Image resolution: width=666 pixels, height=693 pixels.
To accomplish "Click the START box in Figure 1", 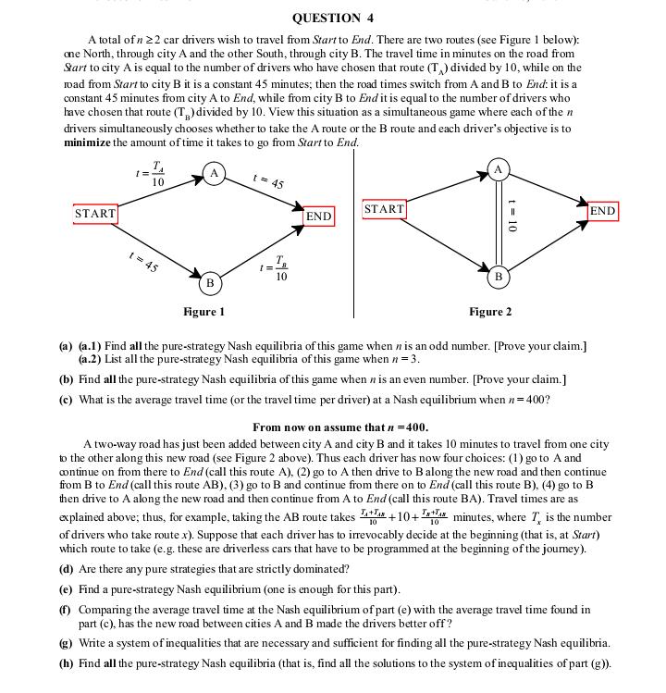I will click(95, 214).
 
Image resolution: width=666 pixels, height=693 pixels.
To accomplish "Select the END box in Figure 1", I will click(318, 216).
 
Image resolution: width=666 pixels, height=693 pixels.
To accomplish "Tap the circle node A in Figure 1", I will click(215, 173).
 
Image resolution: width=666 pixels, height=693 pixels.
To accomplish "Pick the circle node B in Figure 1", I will click(210, 281).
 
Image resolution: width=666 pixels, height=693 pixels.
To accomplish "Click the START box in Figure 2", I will click(384, 209).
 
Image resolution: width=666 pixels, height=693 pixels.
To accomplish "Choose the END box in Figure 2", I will click(602, 211).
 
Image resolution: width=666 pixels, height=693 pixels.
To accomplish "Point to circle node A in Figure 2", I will click(498, 168).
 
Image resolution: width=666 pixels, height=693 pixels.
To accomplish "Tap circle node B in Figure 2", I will click(498, 276).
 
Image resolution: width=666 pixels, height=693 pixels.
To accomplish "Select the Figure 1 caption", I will click(203, 312).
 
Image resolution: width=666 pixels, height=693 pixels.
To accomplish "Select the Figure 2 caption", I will click(490, 312).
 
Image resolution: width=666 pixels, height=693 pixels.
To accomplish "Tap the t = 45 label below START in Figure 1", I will click(144, 262).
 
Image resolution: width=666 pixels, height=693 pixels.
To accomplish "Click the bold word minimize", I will click(87, 142).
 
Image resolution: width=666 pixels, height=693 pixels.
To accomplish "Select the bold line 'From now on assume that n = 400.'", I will click(339, 427).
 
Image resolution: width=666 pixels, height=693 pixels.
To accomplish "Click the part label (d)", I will click(66, 569).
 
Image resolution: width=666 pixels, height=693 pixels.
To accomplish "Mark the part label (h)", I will click(66, 663).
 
